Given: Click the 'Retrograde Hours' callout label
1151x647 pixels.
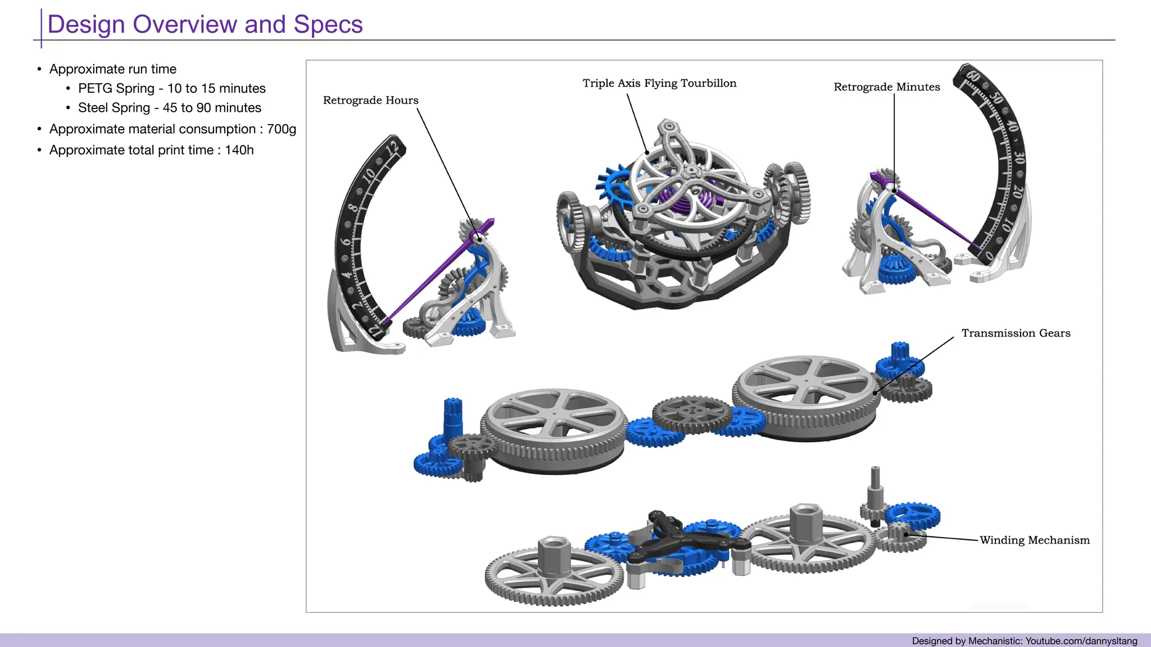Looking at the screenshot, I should click(x=370, y=101).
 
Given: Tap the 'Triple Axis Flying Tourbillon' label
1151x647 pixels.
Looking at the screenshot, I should click(x=659, y=84).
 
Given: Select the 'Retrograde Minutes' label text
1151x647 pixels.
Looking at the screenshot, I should click(x=886, y=87).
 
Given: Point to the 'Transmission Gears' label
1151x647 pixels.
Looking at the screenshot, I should click(x=1016, y=333).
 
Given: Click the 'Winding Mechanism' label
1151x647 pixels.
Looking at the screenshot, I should click(x=1034, y=540).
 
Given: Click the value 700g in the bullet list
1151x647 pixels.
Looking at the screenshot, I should click(x=282, y=129).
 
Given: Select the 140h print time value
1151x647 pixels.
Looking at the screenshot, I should click(x=239, y=151).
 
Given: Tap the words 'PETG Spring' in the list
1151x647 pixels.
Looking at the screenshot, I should click(x=116, y=89).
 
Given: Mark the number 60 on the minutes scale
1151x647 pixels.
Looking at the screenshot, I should click(x=973, y=78).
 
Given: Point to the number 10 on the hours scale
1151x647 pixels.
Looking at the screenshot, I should click(x=368, y=176).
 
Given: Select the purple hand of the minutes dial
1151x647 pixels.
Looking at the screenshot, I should click(x=933, y=216).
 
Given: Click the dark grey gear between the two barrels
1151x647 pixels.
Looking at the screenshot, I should click(x=692, y=414).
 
